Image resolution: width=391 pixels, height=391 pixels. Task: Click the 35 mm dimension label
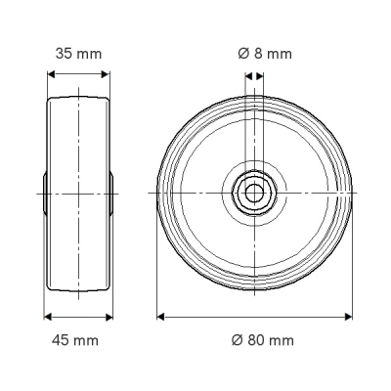(78, 54)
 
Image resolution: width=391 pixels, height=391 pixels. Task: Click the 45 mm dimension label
(75, 340)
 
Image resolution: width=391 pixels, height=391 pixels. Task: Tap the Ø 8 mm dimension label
(265, 54)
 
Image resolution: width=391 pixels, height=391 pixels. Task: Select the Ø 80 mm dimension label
(263, 340)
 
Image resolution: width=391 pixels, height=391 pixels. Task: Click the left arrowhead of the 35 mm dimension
(52, 74)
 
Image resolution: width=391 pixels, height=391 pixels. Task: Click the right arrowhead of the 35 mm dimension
(106, 74)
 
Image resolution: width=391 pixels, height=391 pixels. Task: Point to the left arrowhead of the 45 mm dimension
(48, 317)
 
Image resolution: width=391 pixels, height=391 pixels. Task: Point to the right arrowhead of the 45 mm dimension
(109, 317)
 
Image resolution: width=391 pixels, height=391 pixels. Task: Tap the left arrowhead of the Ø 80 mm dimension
(160, 317)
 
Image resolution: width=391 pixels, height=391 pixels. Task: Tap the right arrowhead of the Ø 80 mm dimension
(349, 317)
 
